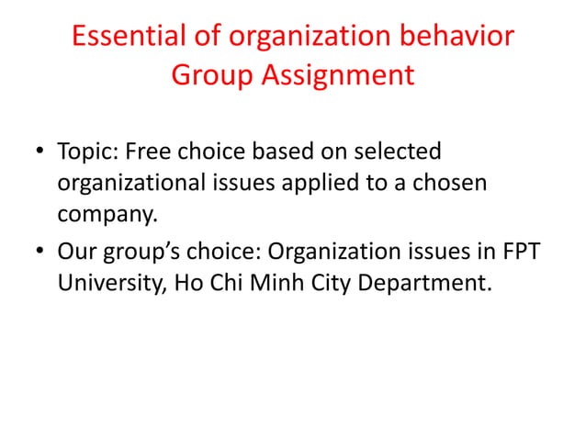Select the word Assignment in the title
[340, 74]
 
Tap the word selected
[399, 150]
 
